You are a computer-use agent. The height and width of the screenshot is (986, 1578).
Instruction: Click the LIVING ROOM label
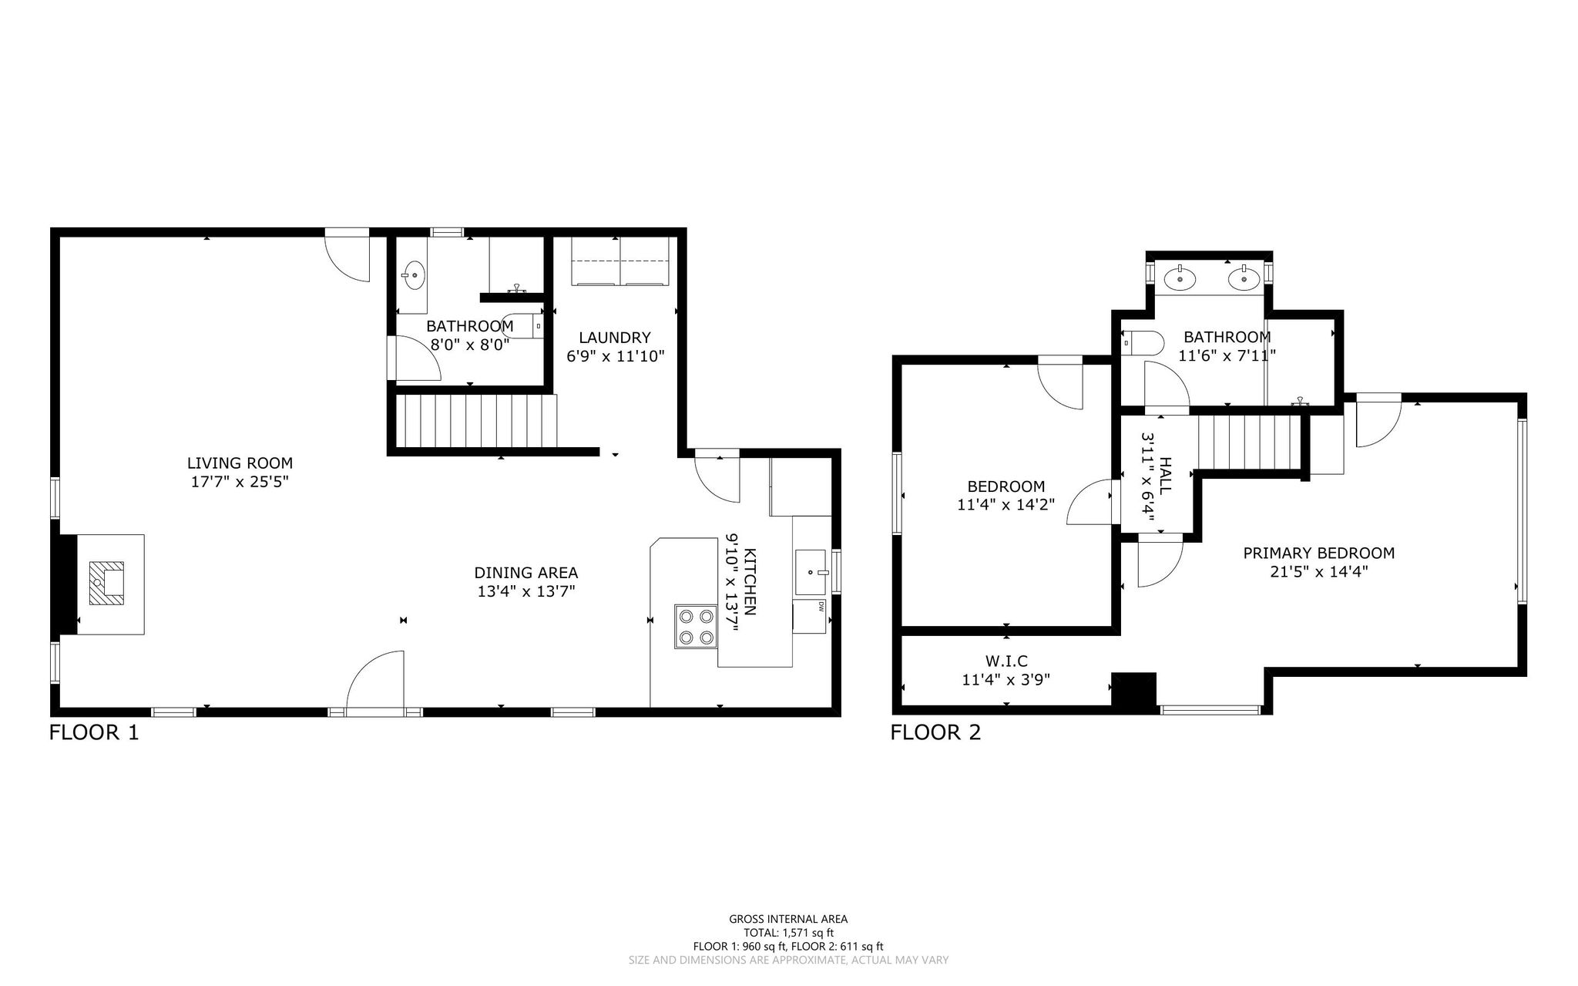[240, 463]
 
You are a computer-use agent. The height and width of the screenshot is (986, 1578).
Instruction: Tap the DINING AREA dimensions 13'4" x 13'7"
[526, 591]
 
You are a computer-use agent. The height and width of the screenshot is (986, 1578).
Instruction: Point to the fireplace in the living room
[106, 583]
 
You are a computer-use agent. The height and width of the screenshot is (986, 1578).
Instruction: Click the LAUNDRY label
[615, 338]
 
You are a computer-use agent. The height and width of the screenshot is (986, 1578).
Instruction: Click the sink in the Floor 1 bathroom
[415, 273]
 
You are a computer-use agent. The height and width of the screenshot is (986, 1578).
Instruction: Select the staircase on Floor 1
[476, 421]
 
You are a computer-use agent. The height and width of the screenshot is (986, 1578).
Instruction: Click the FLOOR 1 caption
[94, 732]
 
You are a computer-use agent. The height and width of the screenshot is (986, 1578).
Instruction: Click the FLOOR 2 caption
[936, 732]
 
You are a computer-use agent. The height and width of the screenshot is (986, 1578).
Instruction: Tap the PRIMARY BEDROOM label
[1319, 553]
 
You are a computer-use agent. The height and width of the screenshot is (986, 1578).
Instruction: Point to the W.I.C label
[1006, 661]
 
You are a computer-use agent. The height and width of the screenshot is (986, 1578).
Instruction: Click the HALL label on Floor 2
[1165, 476]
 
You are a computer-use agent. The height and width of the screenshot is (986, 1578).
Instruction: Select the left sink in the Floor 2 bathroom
[1179, 277]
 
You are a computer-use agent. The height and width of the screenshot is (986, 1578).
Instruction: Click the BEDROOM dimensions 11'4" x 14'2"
[1006, 505]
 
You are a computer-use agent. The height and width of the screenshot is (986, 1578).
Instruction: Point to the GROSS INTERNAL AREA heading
[788, 919]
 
